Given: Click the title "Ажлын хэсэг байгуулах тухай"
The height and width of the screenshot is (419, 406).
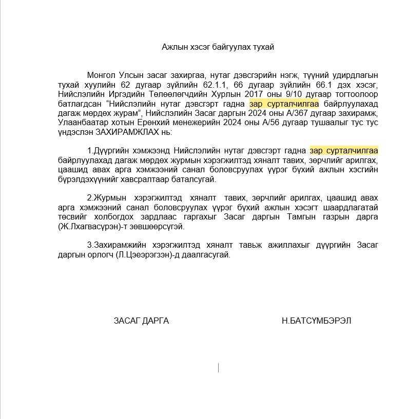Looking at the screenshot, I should [218, 47].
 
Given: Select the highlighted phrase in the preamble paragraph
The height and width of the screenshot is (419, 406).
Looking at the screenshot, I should [284, 104].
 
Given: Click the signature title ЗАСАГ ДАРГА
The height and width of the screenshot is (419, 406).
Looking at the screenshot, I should [141, 321].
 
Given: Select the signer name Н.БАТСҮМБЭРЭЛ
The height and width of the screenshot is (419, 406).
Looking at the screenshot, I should [317, 321].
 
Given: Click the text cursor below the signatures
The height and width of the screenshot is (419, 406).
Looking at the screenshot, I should [219, 367].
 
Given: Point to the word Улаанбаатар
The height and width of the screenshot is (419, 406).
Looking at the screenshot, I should [81, 123].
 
